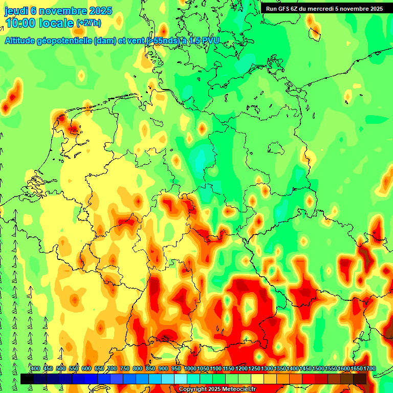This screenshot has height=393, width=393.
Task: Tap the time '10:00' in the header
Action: (21, 24)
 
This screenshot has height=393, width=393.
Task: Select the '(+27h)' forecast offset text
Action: (89, 23)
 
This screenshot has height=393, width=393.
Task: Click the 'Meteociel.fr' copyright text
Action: (235, 389)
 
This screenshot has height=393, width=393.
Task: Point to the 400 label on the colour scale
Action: (35, 369)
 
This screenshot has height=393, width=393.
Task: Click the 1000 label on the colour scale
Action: (190, 369)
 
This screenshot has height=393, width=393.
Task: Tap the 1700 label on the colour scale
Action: (369, 369)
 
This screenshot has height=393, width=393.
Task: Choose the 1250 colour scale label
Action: (254, 369)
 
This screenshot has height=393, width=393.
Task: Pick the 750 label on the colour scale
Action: (125, 369)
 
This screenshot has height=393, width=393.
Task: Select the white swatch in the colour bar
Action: (181, 379)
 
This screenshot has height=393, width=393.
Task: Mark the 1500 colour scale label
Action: (318, 369)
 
